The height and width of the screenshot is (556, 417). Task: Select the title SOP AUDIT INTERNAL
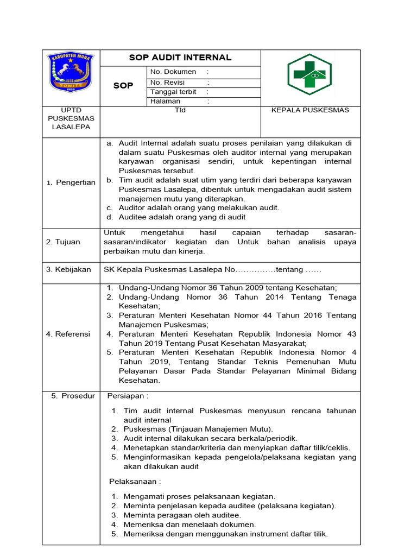pos(180,58)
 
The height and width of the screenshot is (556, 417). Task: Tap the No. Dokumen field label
pos(173,72)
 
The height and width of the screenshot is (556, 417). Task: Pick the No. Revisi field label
pos(169,82)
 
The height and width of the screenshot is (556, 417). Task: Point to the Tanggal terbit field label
pos(173,92)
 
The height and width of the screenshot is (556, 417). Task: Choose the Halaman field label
pos(165,101)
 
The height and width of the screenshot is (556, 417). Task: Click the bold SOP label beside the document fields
pos(123,86)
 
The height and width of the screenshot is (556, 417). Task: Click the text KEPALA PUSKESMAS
pos(310,110)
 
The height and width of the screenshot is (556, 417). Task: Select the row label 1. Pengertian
pos(71,182)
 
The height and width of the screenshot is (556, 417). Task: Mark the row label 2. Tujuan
pos(63,242)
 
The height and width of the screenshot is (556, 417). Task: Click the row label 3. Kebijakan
pos(68,269)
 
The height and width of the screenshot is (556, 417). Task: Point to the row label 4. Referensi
pos(68,334)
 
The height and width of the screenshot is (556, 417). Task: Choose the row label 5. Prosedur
pos(73,396)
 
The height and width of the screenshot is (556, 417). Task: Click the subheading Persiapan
pos(128,396)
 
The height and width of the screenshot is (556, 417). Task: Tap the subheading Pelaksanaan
pos(135,481)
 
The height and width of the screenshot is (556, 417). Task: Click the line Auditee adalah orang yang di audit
pos(182,217)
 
